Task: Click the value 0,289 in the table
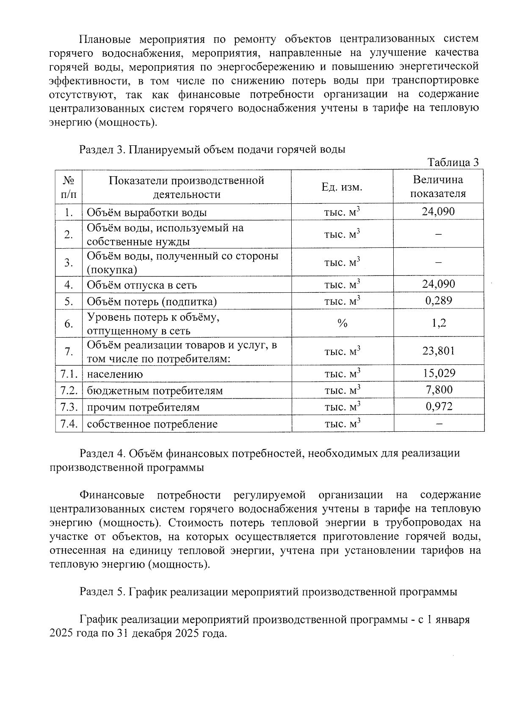coord(438,301)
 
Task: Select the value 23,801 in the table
coord(438,351)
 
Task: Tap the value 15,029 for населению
coord(438,373)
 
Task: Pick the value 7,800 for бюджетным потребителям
coord(438,390)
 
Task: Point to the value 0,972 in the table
coord(438,407)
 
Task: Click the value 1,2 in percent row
coord(438,323)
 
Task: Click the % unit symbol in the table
coord(342,324)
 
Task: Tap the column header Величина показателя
coord(438,187)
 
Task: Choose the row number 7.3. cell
coord(69,407)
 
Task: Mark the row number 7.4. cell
coord(69,424)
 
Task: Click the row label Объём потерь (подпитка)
coord(152,302)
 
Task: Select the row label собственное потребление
coord(152,424)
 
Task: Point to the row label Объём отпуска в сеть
coord(142,285)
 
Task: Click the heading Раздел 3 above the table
coord(101,150)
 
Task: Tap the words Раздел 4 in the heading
coord(101,453)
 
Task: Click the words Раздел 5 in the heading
coord(101,592)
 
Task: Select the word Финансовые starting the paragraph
coord(112,495)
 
